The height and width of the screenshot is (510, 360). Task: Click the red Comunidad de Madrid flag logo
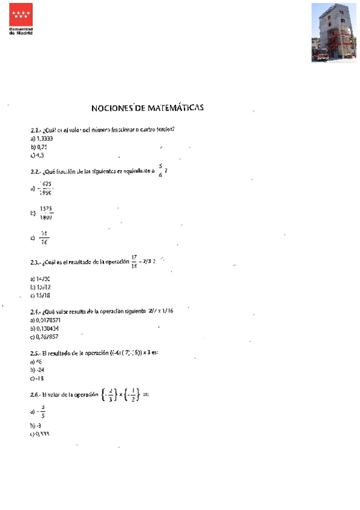click(x=21, y=14)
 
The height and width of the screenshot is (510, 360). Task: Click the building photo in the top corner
click(x=334, y=32)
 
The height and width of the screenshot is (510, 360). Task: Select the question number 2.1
click(x=35, y=130)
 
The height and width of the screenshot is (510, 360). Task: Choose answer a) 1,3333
click(x=41, y=138)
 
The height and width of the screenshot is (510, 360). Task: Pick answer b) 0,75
click(x=38, y=147)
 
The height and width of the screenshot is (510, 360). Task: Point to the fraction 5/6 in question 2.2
click(x=160, y=171)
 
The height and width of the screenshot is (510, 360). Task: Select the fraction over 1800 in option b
click(x=46, y=213)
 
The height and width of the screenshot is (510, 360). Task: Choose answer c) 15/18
click(x=40, y=296)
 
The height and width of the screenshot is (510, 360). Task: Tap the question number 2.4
click(x=35, y=312)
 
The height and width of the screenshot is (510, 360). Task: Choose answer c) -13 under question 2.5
click(x=37, y=379)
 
